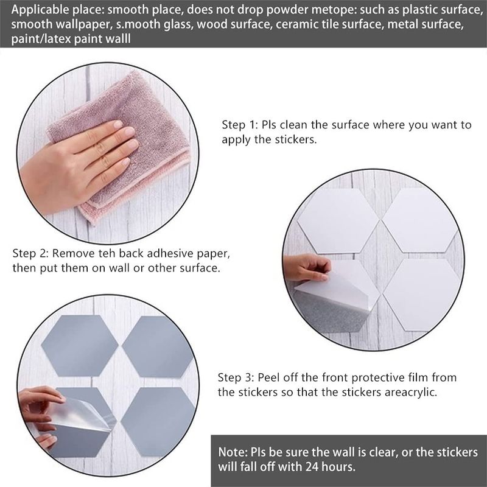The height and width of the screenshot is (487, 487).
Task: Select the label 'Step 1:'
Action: coord(240,125)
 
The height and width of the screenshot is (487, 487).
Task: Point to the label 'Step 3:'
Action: coord(236,377)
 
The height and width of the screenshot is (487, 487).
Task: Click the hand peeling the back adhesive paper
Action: coord(306,267)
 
